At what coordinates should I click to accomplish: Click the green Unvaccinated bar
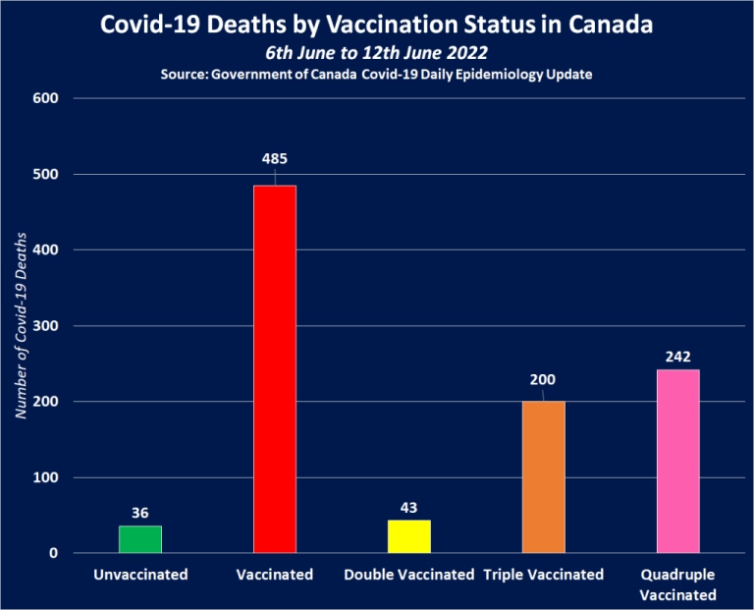tap(140, 539)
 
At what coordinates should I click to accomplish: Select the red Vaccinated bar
tap(274, 369)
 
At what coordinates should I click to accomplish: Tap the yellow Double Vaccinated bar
tap(408, 536)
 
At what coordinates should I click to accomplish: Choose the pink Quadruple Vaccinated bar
tap(677, 462)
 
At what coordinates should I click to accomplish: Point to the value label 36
tap(140, 512)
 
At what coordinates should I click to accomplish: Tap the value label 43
tap(408, 507)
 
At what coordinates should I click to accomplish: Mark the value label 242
tap(677, 357)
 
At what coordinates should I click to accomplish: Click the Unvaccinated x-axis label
tap(140, 575)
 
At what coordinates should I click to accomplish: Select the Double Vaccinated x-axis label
tap(408, 575)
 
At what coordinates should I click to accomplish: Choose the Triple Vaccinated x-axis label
tap(543, 575)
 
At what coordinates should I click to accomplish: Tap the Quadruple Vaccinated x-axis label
tap(677, 584)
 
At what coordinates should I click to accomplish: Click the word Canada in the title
tap(611, 24)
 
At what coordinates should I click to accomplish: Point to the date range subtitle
tap(377, 52)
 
